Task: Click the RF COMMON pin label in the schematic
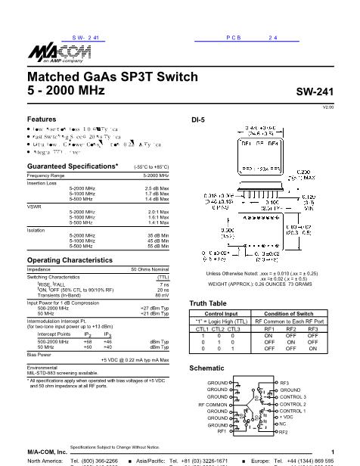pos(213,405)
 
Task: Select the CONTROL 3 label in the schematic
pos(293,396)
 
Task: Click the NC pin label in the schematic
pos(283,424)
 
